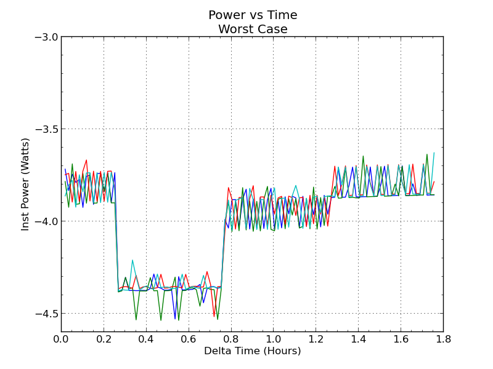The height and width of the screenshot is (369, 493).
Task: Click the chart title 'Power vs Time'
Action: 253,15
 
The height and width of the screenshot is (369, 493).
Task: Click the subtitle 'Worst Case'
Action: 253,29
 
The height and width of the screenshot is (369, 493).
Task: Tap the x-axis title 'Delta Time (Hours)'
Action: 253,351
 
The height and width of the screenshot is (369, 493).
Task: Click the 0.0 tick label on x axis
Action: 61,338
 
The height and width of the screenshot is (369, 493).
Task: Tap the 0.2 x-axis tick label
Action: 104,338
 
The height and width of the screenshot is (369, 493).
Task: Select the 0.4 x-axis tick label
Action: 146,338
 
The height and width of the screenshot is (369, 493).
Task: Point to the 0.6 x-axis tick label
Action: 189,338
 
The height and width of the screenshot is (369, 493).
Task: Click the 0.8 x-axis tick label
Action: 231,338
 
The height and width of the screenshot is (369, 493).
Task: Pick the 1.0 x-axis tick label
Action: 274,338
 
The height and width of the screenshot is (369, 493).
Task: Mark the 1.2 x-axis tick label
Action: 316,338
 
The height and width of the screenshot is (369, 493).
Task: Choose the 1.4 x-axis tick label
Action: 359,338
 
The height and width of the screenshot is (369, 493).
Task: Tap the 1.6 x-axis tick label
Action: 401,338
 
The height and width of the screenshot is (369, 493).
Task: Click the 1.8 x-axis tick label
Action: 443,338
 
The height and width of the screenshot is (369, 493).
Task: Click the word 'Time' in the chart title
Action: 282,15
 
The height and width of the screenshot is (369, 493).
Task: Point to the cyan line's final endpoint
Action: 434,153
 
